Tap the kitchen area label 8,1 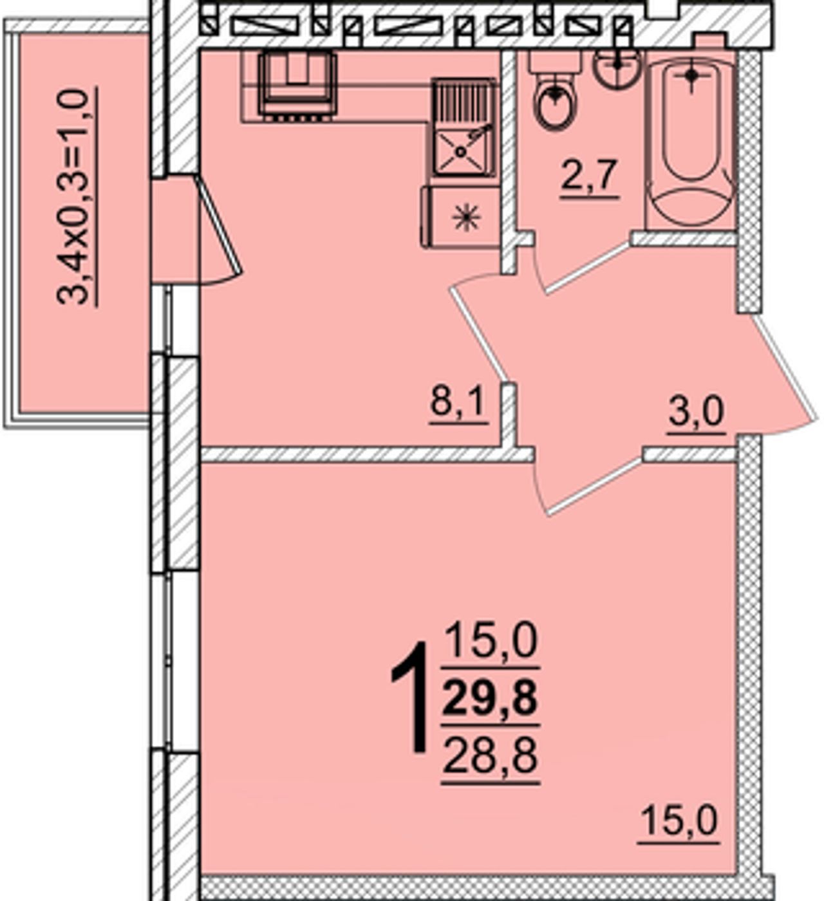[x=458, y=403]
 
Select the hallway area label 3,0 [x=697, y=413]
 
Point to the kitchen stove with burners [x=297, y=86]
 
